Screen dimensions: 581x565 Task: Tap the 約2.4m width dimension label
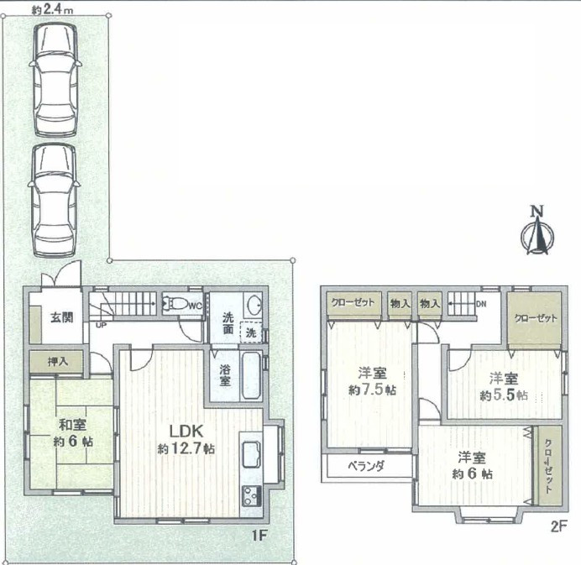coord(52,9)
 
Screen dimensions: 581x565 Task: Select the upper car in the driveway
coord(55,79)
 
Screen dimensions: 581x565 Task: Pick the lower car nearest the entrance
coord(54,200)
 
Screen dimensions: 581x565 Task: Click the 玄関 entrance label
coord(62,317)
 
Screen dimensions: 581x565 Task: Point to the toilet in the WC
coord(175,304)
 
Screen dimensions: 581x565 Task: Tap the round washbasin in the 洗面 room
coord(254,304)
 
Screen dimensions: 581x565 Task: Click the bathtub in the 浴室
coord(251,375)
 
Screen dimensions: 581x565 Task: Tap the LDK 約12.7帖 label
coord(186,440)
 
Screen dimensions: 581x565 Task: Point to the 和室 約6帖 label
coord(73,432)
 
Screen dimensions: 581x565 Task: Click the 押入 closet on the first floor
coord(56,362)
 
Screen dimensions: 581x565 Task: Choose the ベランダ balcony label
coord(366,466)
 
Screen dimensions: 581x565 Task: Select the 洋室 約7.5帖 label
coord(373,380)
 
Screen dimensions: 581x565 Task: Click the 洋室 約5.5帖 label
coord(504,386)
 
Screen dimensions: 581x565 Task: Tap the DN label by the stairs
coord(481,304)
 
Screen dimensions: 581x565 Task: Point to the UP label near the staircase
coord(101,326)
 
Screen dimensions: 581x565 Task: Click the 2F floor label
coord(559,526)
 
